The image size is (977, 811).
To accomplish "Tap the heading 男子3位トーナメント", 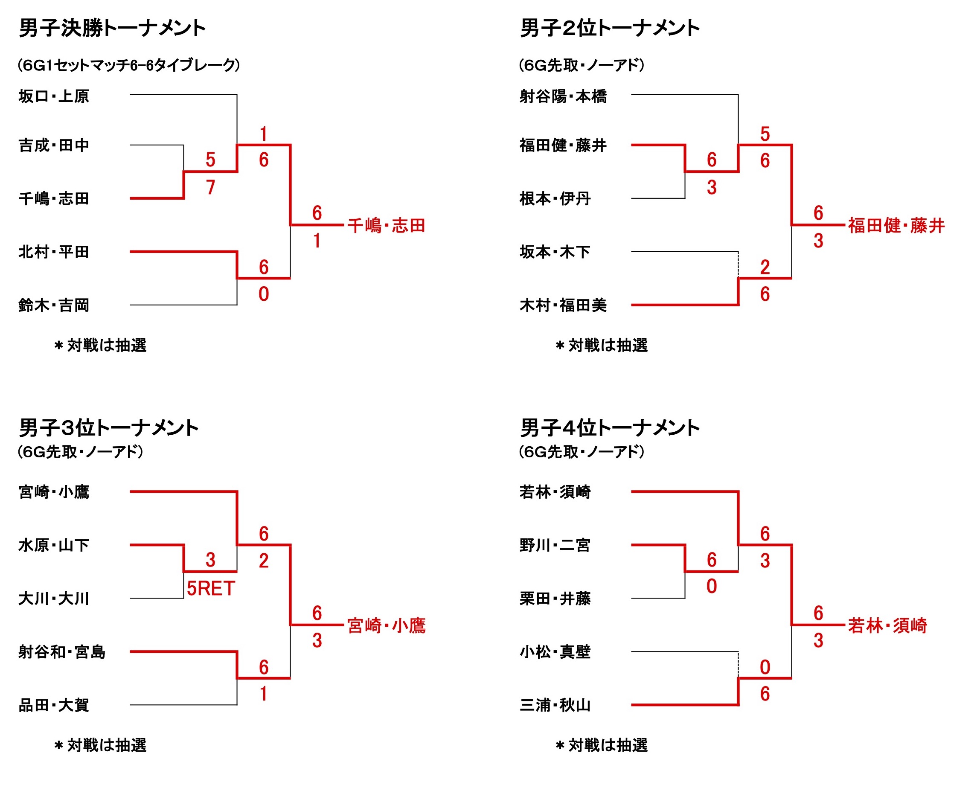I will pyautogui.click(x=108, y=427).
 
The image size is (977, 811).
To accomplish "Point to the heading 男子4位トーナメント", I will pyautogui.click(x=610, y=427).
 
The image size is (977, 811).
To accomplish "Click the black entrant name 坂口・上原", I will pyautogui.click(x=54, y=96).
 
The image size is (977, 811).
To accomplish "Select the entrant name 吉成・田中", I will pyautogui.click(x=54, y=145).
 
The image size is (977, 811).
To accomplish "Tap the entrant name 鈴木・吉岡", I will pyautogui.click(x=54, y=305).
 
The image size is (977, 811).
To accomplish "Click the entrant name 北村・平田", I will pyautogui.click(x=54, y=252).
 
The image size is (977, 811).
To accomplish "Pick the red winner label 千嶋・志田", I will pyautogui.click(x=386, y=226).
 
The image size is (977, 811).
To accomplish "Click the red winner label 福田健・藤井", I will pyautogui.click(x=896, y=226).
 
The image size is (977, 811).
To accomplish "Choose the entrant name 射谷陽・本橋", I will pyautogui.click(x=563, y=96).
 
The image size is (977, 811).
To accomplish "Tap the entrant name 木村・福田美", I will pyautogui.click(x=563, y=305).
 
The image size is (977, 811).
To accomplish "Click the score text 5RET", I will pyautogui.click(x=211, y=589).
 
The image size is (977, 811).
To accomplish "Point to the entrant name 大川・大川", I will pyautogui.click(x=54, y=599).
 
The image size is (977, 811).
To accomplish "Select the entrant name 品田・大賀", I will pyautogui.click(x=54, y=705).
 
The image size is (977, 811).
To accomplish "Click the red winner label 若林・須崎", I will pyautogui.click(x=887, y=625).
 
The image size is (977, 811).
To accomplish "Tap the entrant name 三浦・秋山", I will pyautogui.click(x=555, y=705).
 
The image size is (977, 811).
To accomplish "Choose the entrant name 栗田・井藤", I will pyautogui.click(x=555, y=599).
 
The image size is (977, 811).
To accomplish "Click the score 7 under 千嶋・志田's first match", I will pyautogui.click(x=211, y=187).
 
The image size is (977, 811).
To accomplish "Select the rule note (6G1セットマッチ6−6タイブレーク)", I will pyautogui.click(x=129, y=65).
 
